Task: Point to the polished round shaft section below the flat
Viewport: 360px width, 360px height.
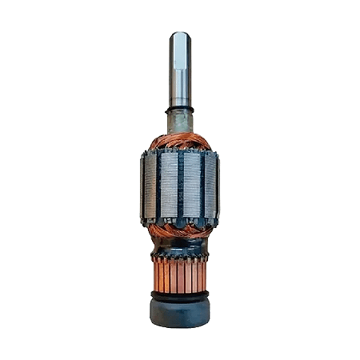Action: click(179, 92)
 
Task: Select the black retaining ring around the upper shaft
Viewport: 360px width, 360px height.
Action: click(179, 108)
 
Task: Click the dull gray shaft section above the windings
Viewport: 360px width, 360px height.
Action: click(179, 122)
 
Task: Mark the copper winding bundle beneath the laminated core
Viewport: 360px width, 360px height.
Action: click(179, 230)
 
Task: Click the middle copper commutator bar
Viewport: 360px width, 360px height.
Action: click(179, 277)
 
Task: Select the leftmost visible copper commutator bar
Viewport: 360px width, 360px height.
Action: click(154, 276)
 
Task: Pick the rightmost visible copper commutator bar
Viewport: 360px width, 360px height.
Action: click(204, 276)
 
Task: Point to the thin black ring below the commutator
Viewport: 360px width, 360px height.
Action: click(179, 295)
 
